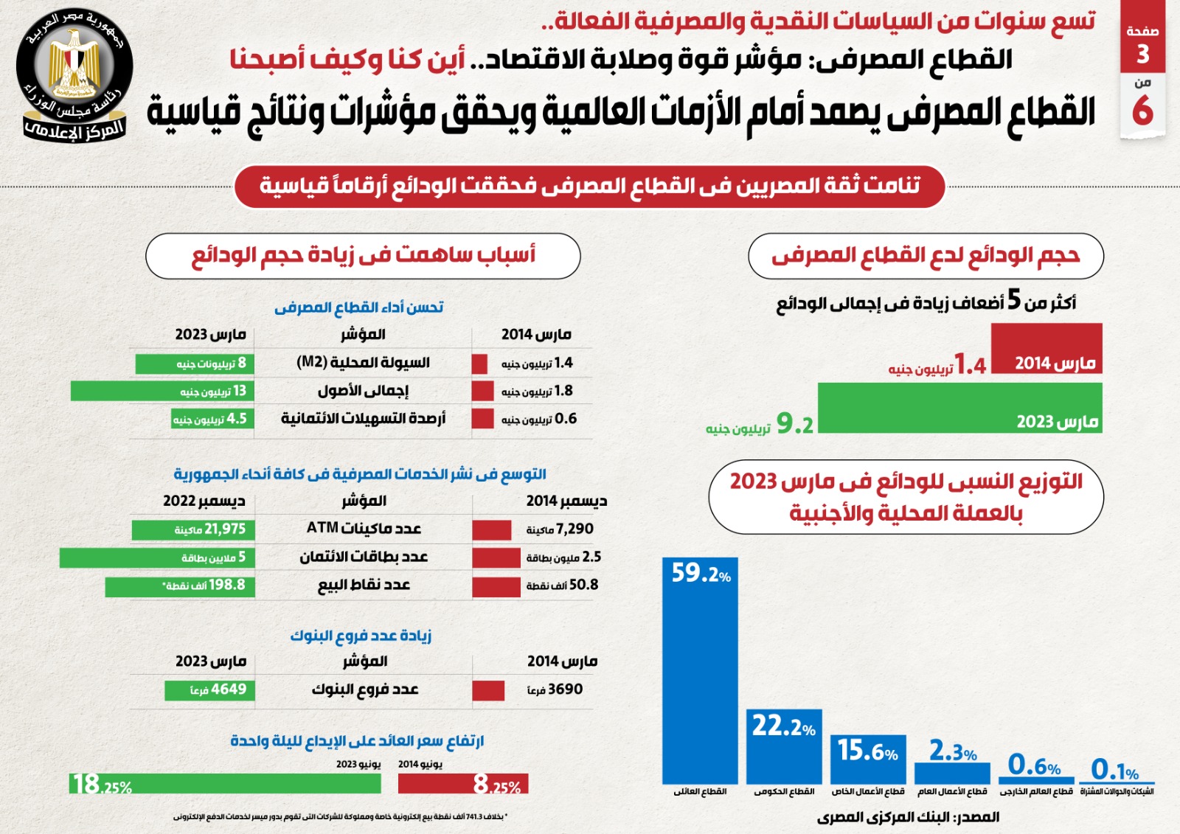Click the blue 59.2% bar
coord(700,671)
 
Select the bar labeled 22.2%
coord(784,746)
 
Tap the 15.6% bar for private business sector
coord(868,760)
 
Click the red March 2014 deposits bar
coord(1047,348)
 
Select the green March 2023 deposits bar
coord(959,408)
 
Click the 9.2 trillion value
coord(794,424)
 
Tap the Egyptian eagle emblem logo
coord(74,71)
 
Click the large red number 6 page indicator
coord(1142,110)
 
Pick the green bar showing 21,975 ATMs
coord(193,529)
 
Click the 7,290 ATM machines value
coord(560,529)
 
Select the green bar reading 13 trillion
coord(162,391)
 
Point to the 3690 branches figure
coord(555,689)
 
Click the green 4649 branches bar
coord(209,690)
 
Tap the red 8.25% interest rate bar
coord(463,784)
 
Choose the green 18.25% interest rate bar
coord(226,784)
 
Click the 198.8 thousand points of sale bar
coord(179,586)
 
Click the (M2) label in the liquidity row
coord(311,363)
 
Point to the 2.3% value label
coord(952,752)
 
